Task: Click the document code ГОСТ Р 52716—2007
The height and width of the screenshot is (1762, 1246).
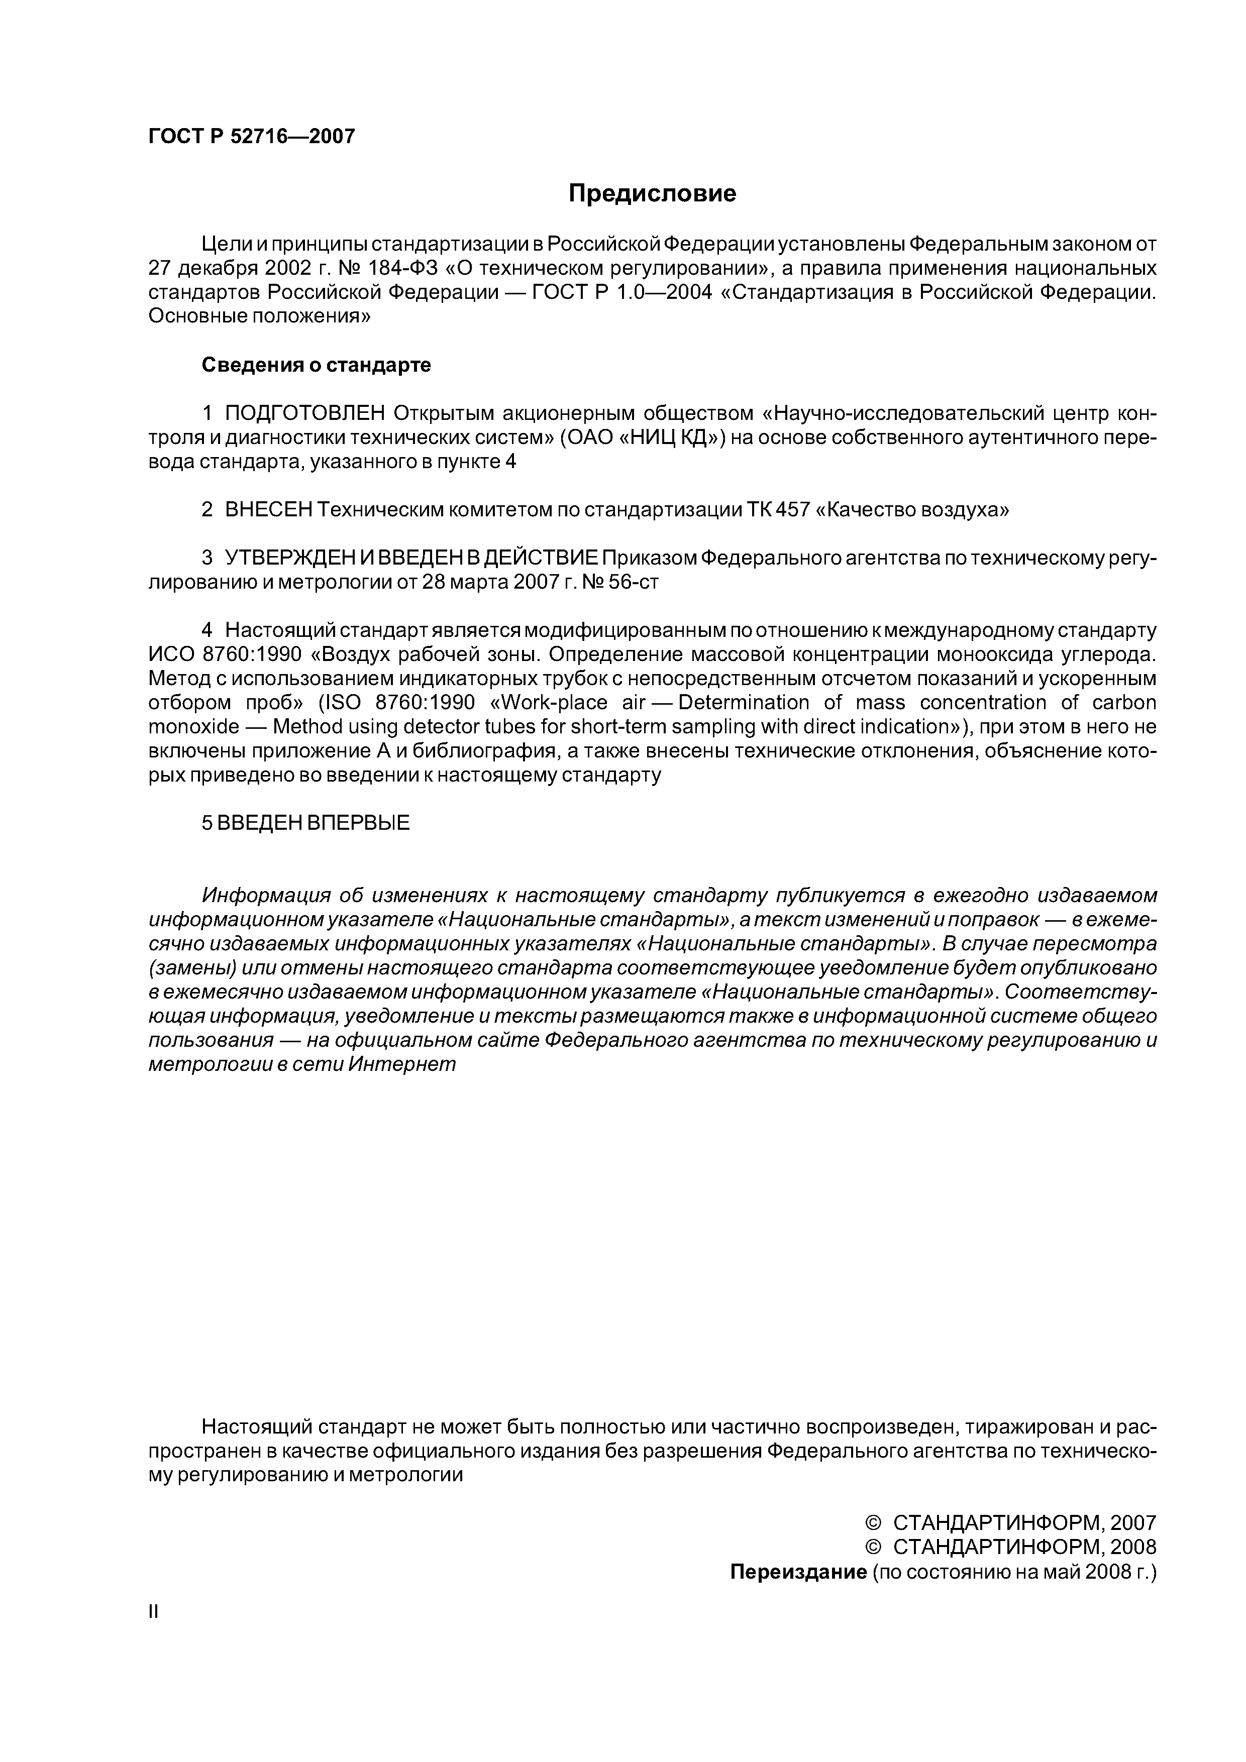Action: click(252, 137)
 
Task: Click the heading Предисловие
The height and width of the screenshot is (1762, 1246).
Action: click(652, 193)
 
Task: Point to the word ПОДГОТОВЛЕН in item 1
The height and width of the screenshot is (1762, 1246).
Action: click(305, 414)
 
